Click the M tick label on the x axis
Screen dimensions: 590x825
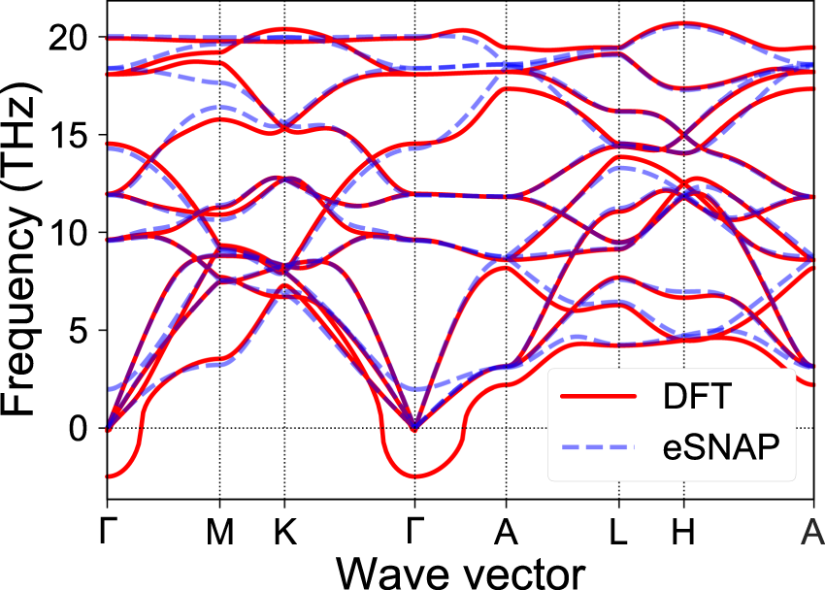coord(220,534)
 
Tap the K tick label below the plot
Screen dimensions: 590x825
coord(284,534)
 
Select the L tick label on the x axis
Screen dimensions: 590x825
coord(618,534)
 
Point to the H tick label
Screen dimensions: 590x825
coord(684,534)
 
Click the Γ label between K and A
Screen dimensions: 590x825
coord(414,534)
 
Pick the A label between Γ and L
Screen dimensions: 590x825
coord(505,534)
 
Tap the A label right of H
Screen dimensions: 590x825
coord(812,534)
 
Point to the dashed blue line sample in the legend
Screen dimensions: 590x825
coord(600,447)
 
